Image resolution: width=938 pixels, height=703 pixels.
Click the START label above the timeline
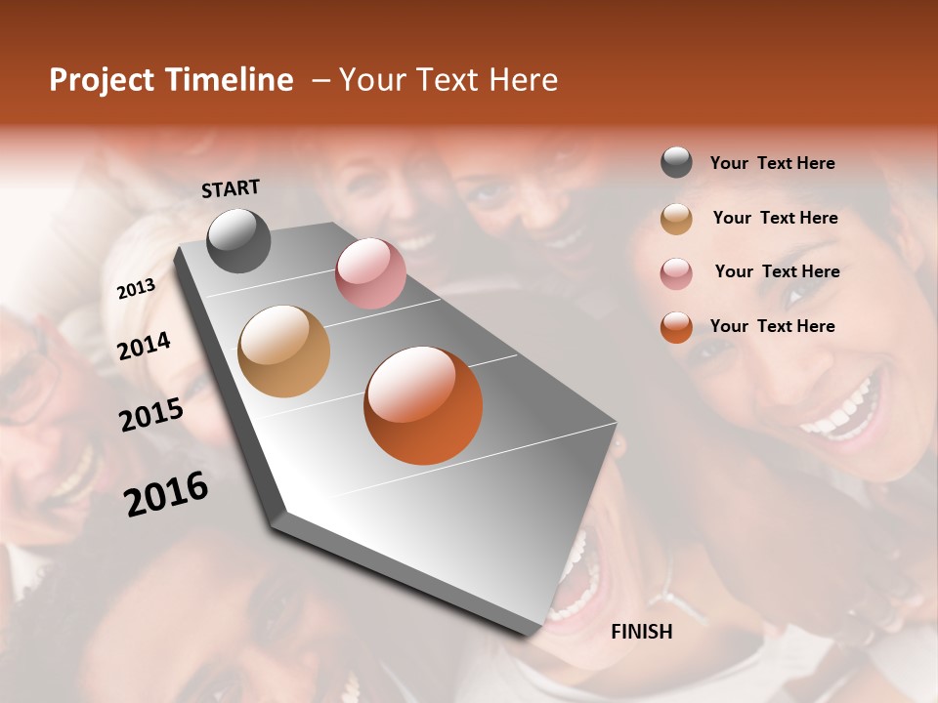click(x=231, y=188)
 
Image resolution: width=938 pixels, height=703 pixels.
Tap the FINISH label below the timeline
click(x=641, y=632)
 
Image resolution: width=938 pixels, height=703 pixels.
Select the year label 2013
click(x=136, y=288)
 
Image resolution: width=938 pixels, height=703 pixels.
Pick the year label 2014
click(x=144, y=346)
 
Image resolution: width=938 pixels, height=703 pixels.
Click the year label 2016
click(x=166, y=494)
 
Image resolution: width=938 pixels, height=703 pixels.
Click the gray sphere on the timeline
click(x=238, y=240)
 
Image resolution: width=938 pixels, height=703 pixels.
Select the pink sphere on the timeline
click(x=370, y=273)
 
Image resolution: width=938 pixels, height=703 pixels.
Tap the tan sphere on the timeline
click(x=283, y=351)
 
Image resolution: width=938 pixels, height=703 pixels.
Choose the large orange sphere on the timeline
click(x=423, y=405)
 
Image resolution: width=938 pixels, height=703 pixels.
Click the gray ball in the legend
click(x=676, y=163)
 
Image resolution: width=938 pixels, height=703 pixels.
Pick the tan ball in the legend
click(x=676, y=219)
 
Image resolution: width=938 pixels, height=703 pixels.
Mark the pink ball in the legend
click(x=676, y=272)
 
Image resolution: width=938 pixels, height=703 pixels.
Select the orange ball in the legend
click(x=676, y=327)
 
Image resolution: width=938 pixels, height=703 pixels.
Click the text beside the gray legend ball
click(x=772, y=163)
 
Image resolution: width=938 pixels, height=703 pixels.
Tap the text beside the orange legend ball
click(x=772, y=326)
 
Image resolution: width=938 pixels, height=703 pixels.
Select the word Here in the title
click(x=523, y=80)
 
